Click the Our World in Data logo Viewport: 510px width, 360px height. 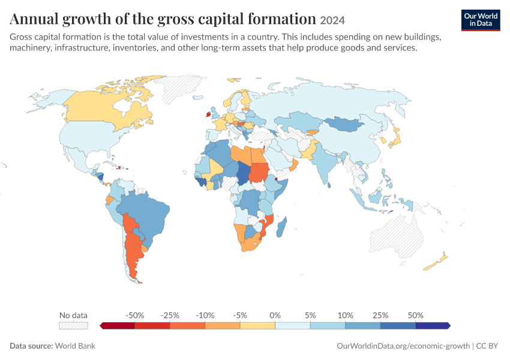(481, 20)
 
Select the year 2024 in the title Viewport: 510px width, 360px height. (332, 20)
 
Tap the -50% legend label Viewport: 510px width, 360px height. (134, 315)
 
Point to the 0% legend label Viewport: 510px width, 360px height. (275, 315)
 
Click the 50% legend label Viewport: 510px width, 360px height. (415, 315)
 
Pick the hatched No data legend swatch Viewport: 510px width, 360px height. (74, 326)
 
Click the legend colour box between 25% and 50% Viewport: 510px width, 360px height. (398, 326)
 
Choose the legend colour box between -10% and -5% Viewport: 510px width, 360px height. (223, 326)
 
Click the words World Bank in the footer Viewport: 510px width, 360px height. (75, 346)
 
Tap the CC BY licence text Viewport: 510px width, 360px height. (487, 346)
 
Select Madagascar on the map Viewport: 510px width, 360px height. (281, 227)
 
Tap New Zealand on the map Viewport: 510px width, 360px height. (436, 262)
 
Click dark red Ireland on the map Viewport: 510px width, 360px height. (208, 114)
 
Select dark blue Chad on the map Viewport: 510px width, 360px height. (242, 173)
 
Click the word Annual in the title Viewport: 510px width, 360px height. (34, 19)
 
